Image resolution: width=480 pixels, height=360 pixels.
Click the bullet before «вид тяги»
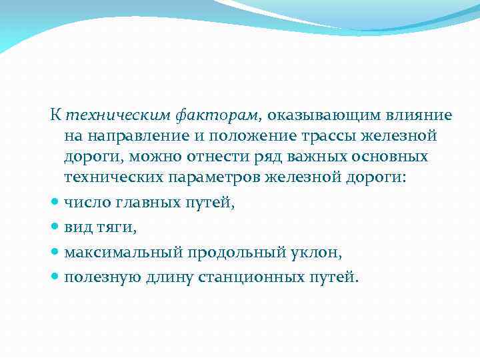tap(55, 228)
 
